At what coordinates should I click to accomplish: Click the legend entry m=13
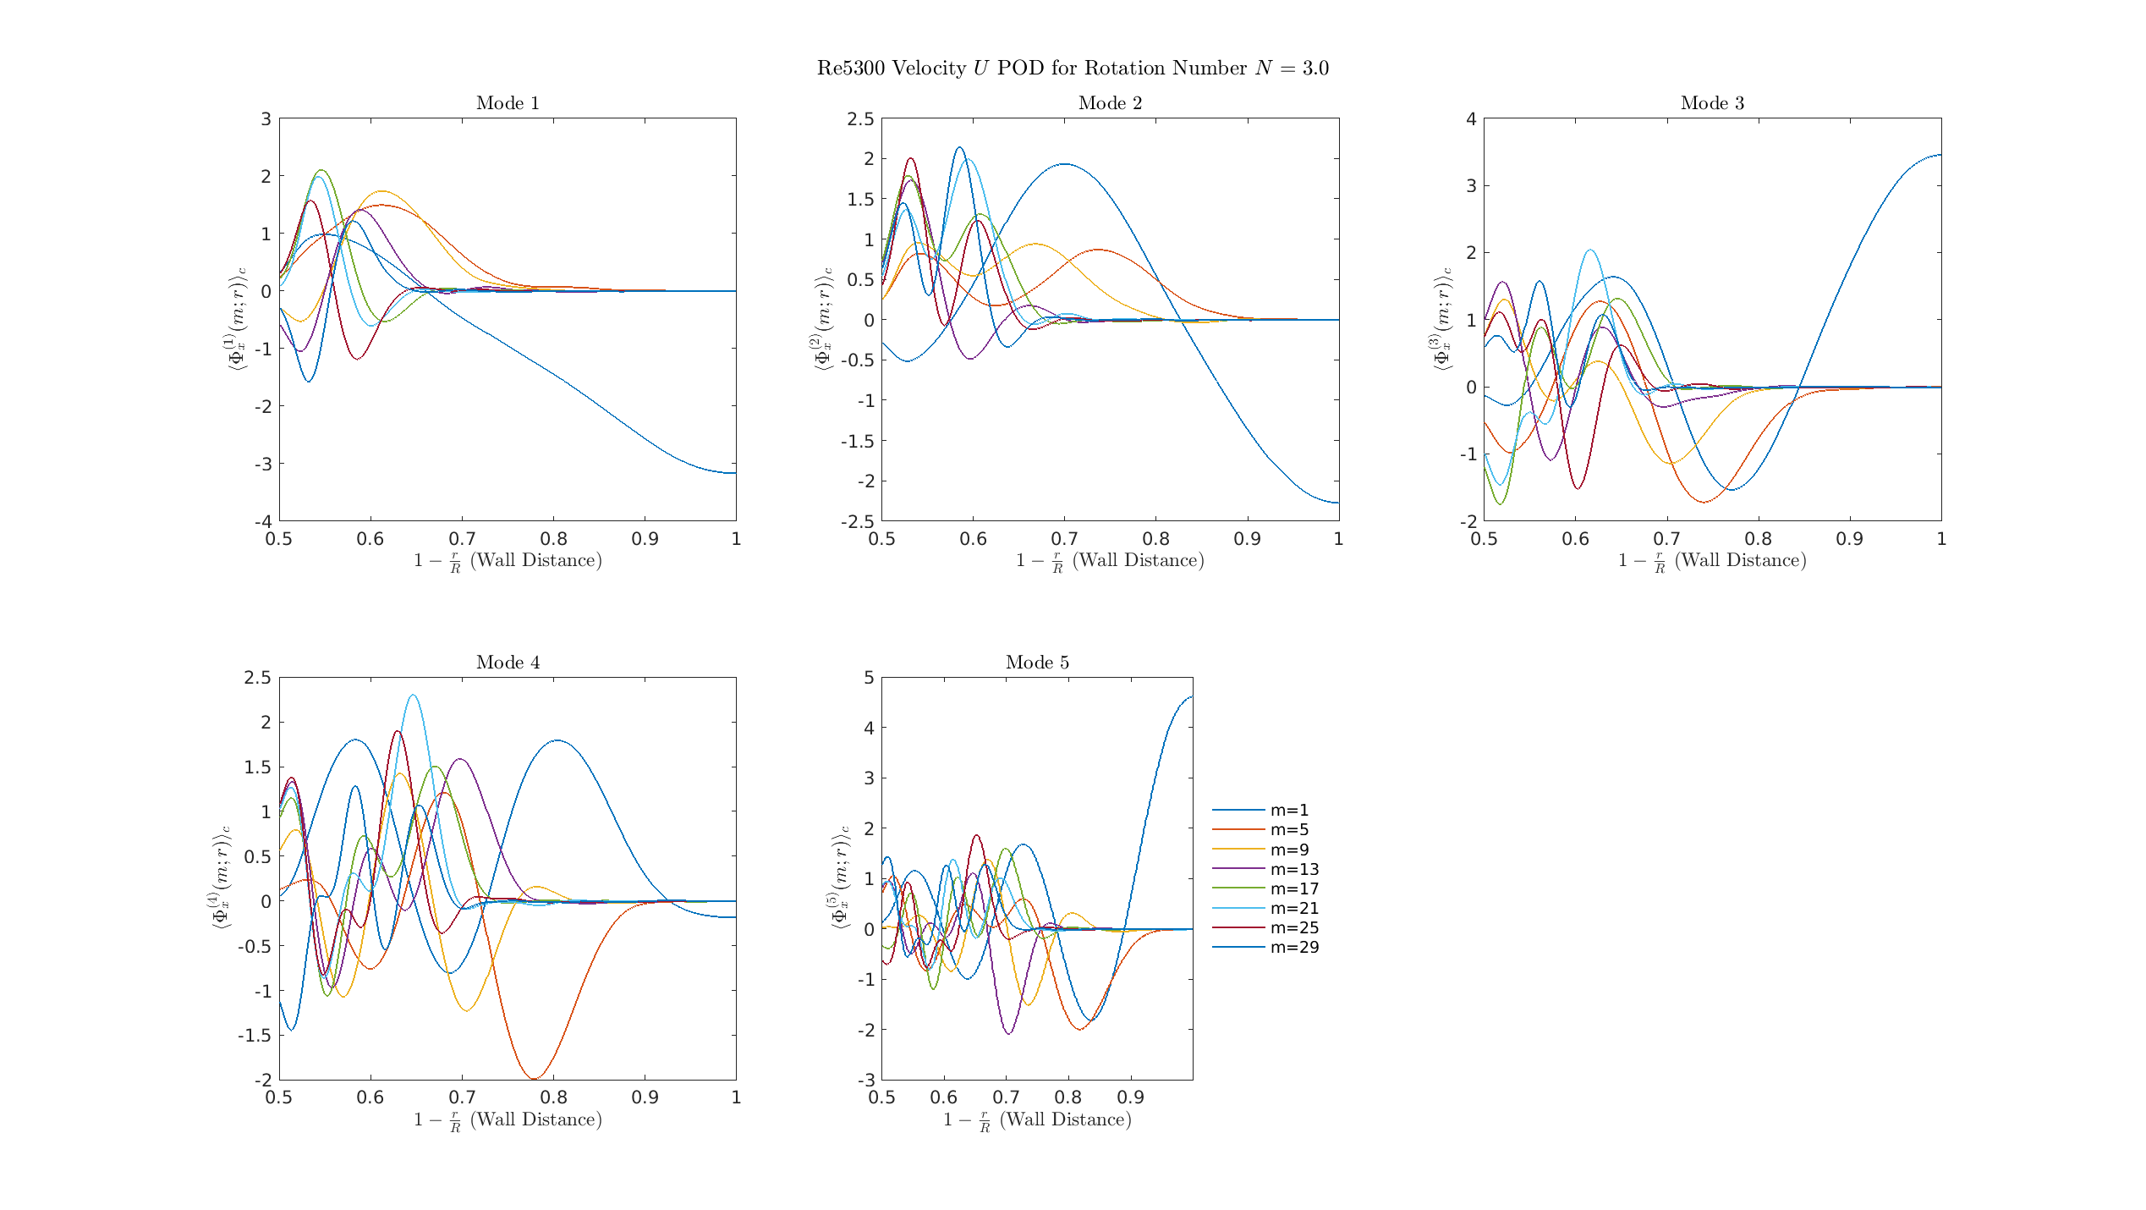[x=1294, y=869]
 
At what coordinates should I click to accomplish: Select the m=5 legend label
[x=1289, y=830]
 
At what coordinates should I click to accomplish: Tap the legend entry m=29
[x=1294, y=948]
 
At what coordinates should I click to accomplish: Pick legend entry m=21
[x=1294, y=909]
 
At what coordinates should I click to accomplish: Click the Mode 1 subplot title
[x=508, y=103]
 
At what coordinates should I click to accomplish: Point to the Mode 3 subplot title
[x=1712, y=103]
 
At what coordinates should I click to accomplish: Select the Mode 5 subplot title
[x=1037, y=663]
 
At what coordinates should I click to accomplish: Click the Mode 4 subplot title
[x=508, y=663]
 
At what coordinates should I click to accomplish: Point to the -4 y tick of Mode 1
[x=263, y=522]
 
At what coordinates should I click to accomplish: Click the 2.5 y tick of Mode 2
[x=860, y=119]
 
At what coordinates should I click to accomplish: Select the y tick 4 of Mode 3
[x=1471, y=119]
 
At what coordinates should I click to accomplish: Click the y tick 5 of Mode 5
[x=869, y=678]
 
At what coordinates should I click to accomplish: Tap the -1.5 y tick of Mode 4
[x=255, y=1036]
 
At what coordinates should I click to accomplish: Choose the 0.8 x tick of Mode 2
[x=1155, y=540]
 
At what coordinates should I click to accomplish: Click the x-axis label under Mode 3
[x=1712, y=561]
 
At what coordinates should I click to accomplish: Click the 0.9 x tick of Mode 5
[x=1130, y=1098]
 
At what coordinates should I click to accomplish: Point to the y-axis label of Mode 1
[x=235, y=319]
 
